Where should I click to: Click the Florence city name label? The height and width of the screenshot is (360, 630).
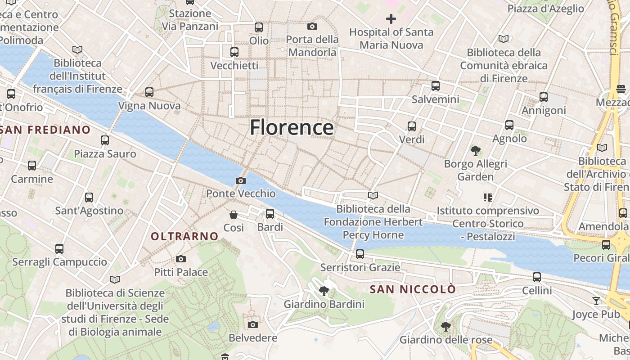tap(292, 127)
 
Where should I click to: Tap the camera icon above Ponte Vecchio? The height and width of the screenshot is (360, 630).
tap(241, 181)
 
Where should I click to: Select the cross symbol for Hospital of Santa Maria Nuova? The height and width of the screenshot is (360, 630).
tap(391, 19)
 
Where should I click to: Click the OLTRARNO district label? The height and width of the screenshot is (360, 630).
tap(184, 236)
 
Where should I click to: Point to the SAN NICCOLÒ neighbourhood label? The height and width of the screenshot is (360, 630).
tap(413, 289)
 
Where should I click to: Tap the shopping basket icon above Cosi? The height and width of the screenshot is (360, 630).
tap(234, 215)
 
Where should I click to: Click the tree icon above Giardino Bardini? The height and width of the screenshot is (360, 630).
tap(324, 291)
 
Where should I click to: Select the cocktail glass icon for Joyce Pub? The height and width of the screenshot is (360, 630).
tap(596, 301)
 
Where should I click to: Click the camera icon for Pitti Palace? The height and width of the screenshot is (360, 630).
tap(181, 259)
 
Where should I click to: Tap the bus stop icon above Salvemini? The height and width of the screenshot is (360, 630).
tap(435, 86)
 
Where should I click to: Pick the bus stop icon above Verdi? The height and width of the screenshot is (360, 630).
tap(412, 126)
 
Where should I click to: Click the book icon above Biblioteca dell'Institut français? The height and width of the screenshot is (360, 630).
tap(77, 49)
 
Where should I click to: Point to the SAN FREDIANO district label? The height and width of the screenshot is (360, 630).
tap(45, 130)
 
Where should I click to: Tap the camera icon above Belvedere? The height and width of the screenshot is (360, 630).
tap(253, 324)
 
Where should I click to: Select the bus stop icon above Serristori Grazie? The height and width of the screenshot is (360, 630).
tap(360, 254)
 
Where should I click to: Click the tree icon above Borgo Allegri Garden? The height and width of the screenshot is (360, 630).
tap(475, 151)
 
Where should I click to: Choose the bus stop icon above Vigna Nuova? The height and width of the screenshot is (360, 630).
tap(149, 92)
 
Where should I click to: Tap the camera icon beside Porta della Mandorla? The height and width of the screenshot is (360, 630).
tap(312, 27)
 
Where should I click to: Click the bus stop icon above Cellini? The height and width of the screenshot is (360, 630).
tap(537, 277)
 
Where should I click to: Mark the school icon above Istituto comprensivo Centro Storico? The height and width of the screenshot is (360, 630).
tap(488, 197)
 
